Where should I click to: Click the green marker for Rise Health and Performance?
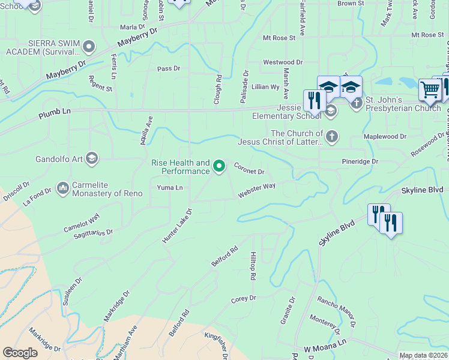219,166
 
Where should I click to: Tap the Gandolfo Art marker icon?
91,158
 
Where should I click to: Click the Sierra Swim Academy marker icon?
89,46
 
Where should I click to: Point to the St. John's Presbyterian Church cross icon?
357,103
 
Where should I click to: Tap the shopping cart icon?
430,91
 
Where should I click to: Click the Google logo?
20,353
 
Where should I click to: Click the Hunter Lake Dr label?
176,226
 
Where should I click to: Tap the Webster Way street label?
256,190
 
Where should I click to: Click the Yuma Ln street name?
170,188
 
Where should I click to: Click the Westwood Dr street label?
283,62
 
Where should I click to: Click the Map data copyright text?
423,355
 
